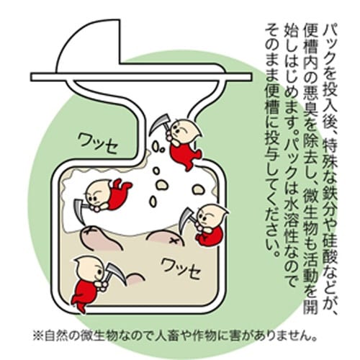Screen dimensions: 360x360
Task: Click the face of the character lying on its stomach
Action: click(96, 193)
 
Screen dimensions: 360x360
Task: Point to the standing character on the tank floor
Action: click(90, 277)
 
